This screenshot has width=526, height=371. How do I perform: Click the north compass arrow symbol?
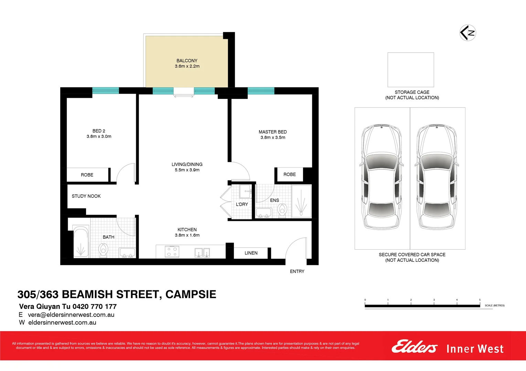pyautogui.click(x=468, y=33)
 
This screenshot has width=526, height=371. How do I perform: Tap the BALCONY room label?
pyautogui.click(x=187, y=60)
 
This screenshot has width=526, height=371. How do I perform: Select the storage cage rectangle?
pyautogui.click(x=410, y=70)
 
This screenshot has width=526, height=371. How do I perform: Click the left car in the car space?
pyautogui.click(x=382, y=177)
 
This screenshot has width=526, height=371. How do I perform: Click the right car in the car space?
pyautogui.click(x=437, y=177)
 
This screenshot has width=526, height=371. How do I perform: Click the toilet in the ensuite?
pyautogui.click(x=282, y=210)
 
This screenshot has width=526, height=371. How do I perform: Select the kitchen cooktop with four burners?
pyautogui.click(x=172, y=251)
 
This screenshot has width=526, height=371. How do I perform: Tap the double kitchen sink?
pyautogui.click(x=202, y=252)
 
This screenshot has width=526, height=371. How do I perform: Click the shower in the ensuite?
pyautogui.click(x=301, y=201)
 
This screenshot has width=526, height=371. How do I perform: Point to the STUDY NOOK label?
pyautogui.click(x=86, y=196)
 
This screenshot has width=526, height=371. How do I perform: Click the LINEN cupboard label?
pyautogui.click(x=251, y=253)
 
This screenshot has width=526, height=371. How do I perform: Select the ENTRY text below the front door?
pyautogui.click(x=297, y=271)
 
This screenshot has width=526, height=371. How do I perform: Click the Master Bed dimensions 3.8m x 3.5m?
pyautogui.click(x=272, y=137)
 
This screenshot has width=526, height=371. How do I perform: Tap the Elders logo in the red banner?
pyautogui.click(x=414, y=347)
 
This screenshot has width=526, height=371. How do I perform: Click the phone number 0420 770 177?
pyautogui.click(x=95, y=306)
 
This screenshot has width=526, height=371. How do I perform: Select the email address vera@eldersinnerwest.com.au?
pyautogui.click(x=71, y=315)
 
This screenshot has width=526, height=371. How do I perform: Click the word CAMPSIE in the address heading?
pyautogui.click(x=191, y=294)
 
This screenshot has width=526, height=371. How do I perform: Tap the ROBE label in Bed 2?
pyautogui.click(x=87, y=175)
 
